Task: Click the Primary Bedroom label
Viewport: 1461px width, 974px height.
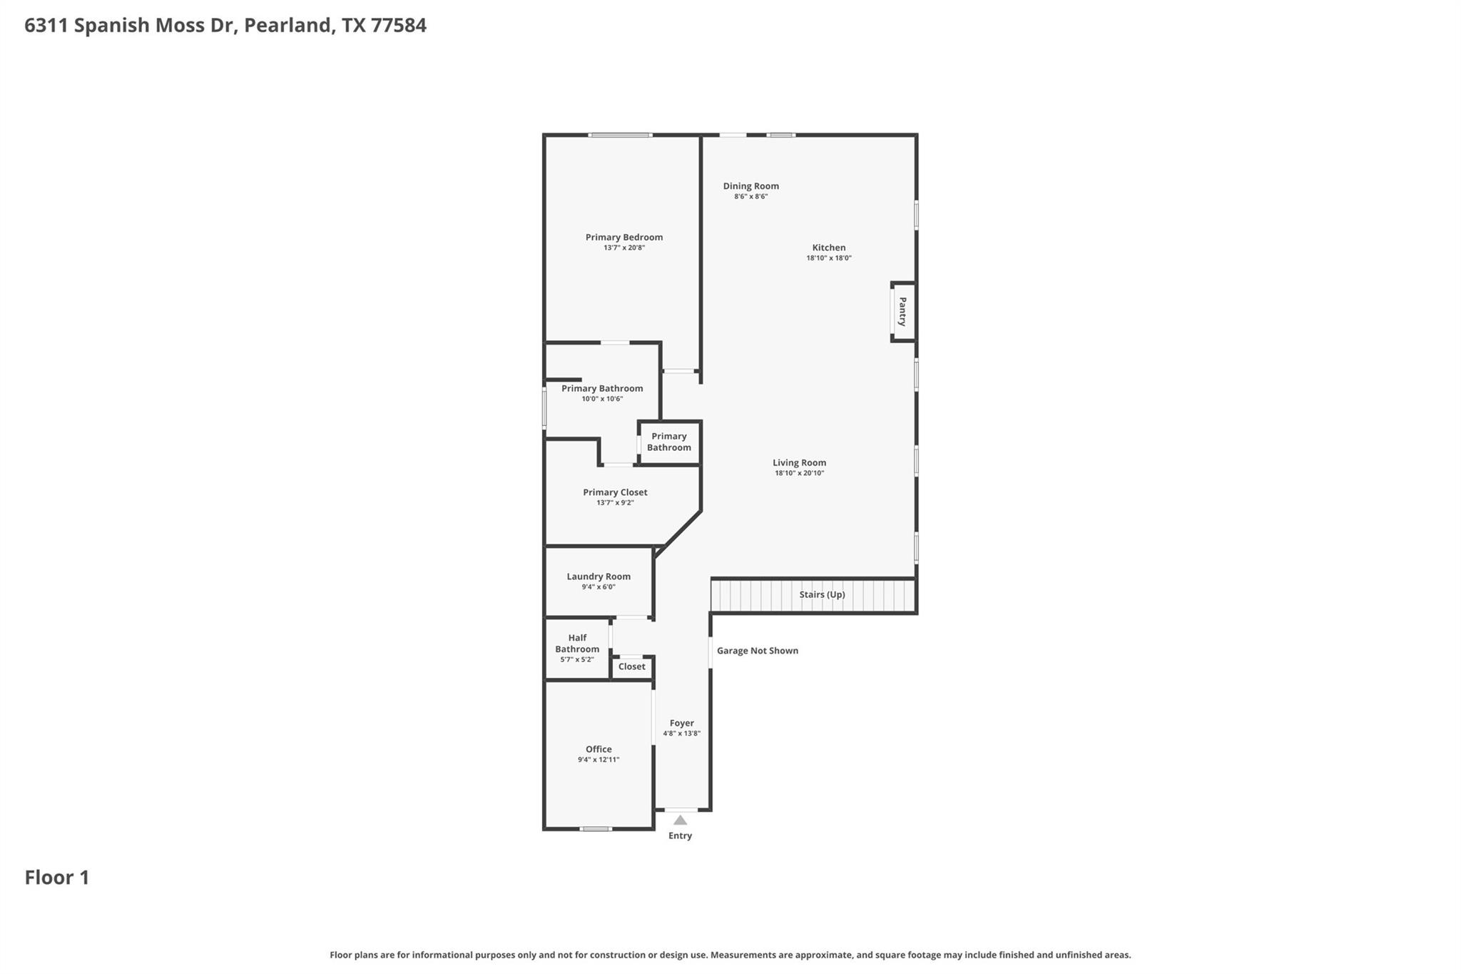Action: [623, 238]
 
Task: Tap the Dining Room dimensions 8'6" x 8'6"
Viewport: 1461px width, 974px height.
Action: [750, 197]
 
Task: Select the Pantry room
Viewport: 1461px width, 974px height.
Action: [902, 312]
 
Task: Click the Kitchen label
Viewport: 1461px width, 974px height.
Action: [828, 248]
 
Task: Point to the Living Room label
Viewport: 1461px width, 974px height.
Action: [799, 462]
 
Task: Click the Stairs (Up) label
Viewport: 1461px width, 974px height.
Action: [822, 594]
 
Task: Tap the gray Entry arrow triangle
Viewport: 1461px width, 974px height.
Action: [680, 821]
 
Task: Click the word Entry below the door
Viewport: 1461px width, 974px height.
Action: [680, 836]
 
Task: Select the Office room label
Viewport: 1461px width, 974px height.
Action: [599, 749]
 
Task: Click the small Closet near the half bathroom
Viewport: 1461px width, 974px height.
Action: [631, 666]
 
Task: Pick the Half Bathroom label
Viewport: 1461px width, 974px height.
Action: [577, 644]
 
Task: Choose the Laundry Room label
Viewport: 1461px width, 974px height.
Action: [599, 577]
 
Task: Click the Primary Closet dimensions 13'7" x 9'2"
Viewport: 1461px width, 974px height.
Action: [615, 503]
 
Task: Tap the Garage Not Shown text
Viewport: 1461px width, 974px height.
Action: [757, 651]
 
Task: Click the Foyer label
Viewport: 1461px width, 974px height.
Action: [681, 723]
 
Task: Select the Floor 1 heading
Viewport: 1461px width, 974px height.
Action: [57, 878]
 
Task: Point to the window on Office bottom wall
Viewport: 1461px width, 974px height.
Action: [596, 828]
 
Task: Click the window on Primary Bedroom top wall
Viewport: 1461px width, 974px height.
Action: [620, 135]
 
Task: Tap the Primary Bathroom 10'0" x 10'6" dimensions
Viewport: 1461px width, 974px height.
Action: [602, 399]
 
